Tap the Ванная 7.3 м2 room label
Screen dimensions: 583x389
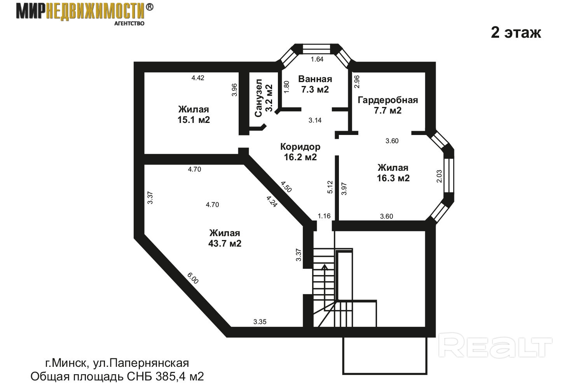[315, 84]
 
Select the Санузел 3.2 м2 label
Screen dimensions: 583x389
[264, 98]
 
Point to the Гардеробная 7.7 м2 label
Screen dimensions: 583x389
[388, 105]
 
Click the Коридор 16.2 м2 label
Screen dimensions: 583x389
[300, 152]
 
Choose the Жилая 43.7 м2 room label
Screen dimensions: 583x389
[225, 238]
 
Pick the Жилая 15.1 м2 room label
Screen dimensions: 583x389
[194, 114]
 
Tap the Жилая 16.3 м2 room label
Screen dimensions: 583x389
[393, 173]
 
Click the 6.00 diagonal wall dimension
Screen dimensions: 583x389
[193, 278]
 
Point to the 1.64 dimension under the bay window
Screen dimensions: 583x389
[317, 60]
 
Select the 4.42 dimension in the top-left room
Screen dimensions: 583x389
[198, 78]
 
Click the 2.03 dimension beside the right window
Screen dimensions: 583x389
[439, 176]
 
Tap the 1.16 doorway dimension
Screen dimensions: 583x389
[324, 216]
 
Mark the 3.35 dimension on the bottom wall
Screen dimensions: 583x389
[260, 322]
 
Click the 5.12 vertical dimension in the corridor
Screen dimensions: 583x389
[330, 187]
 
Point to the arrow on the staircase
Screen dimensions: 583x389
[324, 287]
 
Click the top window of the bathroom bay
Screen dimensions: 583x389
[317, 49]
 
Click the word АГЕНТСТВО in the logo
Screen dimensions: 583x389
[129, 23]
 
